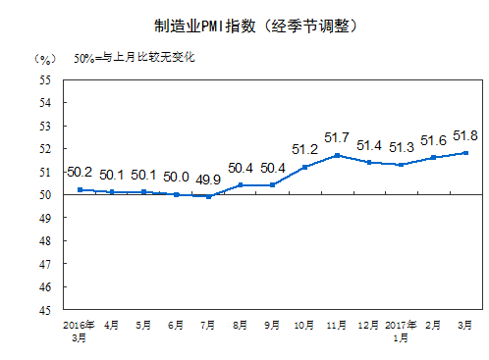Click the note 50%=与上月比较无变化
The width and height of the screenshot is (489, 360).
click(x=135, y=58)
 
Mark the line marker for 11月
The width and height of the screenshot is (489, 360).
click(x=337, y=155)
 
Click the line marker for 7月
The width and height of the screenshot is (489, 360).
click(x=209, y=196)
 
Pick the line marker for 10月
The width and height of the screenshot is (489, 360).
click(x=304, y=167)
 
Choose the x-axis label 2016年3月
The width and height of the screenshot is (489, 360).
click(x=79, y=329)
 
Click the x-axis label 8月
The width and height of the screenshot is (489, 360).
click(x=241, y=323)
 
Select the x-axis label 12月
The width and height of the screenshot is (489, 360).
click(x=368, y=323)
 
